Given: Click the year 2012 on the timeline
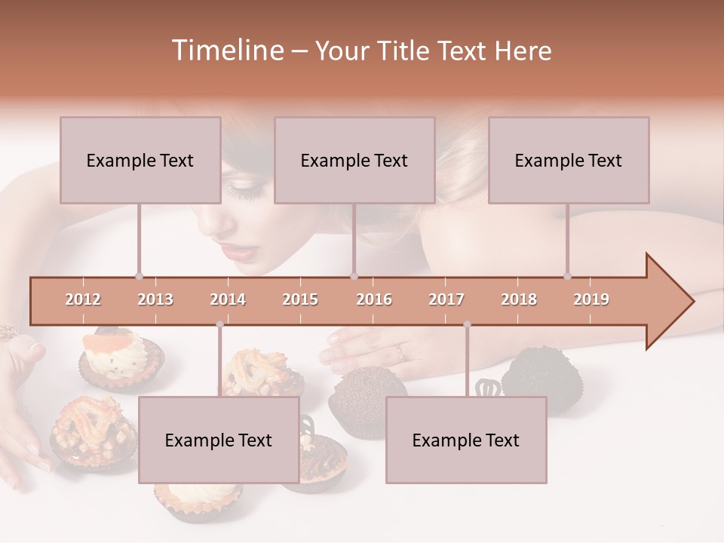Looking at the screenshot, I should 83,299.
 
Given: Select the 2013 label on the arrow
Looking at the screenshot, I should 155,299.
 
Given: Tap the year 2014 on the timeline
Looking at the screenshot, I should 228,299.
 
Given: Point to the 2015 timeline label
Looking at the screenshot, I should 300,299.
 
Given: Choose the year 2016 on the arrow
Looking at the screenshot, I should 374,299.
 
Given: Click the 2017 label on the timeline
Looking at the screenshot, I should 446,299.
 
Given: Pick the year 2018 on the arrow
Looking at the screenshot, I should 519,299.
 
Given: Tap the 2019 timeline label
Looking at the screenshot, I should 591,299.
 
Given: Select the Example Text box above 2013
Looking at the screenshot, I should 140,160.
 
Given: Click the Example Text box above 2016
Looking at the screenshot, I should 354,160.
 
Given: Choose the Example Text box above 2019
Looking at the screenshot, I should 569,160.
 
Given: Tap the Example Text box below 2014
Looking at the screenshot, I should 219,440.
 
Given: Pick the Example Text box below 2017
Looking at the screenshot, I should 466,440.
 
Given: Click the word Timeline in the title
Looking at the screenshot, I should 227,51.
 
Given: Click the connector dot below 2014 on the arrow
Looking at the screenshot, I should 219,324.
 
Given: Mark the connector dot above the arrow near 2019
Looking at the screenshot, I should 567,277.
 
